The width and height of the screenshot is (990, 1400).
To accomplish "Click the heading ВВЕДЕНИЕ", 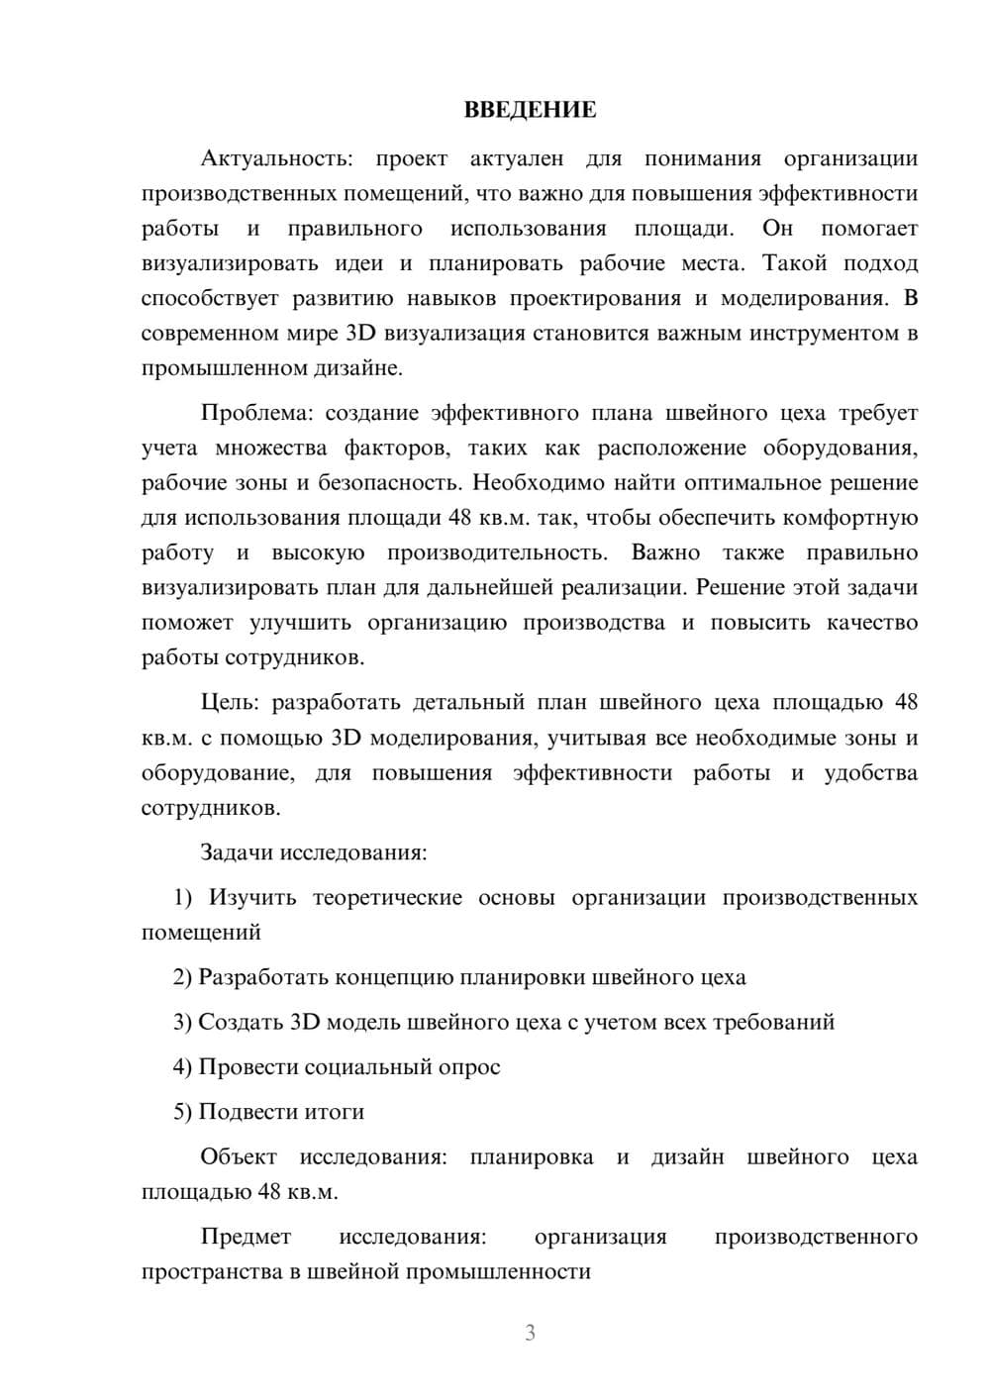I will tap(530, 110).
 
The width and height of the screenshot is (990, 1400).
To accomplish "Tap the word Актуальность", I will tap(273, 158).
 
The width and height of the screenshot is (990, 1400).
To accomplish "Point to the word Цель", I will tap(229, 702).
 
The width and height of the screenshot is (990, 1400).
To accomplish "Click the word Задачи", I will tap(237, 852).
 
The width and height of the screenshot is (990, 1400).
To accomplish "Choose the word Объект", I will tap(239, 1156).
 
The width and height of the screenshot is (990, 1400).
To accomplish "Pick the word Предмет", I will tap(246, 1237).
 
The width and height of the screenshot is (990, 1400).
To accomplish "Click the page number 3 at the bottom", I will tap(530, 1333).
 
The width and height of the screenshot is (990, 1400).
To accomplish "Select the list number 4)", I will tap(183, 1066).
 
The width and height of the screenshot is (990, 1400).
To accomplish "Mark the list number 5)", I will tap(183, 1112).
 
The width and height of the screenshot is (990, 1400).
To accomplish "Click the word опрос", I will tap(469, 1066).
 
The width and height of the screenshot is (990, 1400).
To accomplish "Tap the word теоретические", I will tap(387, 897).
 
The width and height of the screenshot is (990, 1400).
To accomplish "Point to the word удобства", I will tap(870, 772).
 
